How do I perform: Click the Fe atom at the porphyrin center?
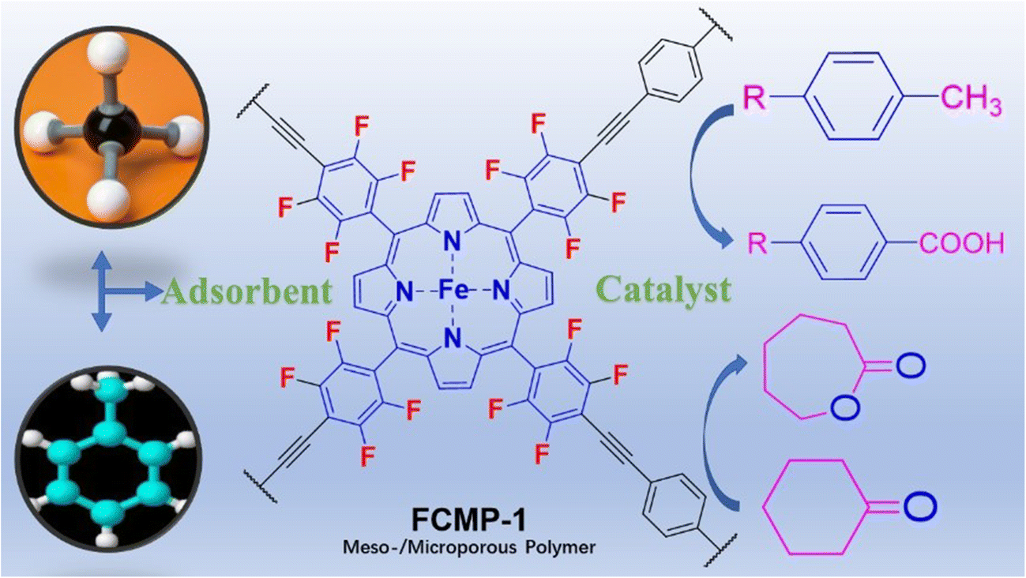[456, 292]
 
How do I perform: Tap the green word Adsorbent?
[246, 292]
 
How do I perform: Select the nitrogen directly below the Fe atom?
[456, 340]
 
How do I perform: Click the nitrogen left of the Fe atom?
[405, 292]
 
